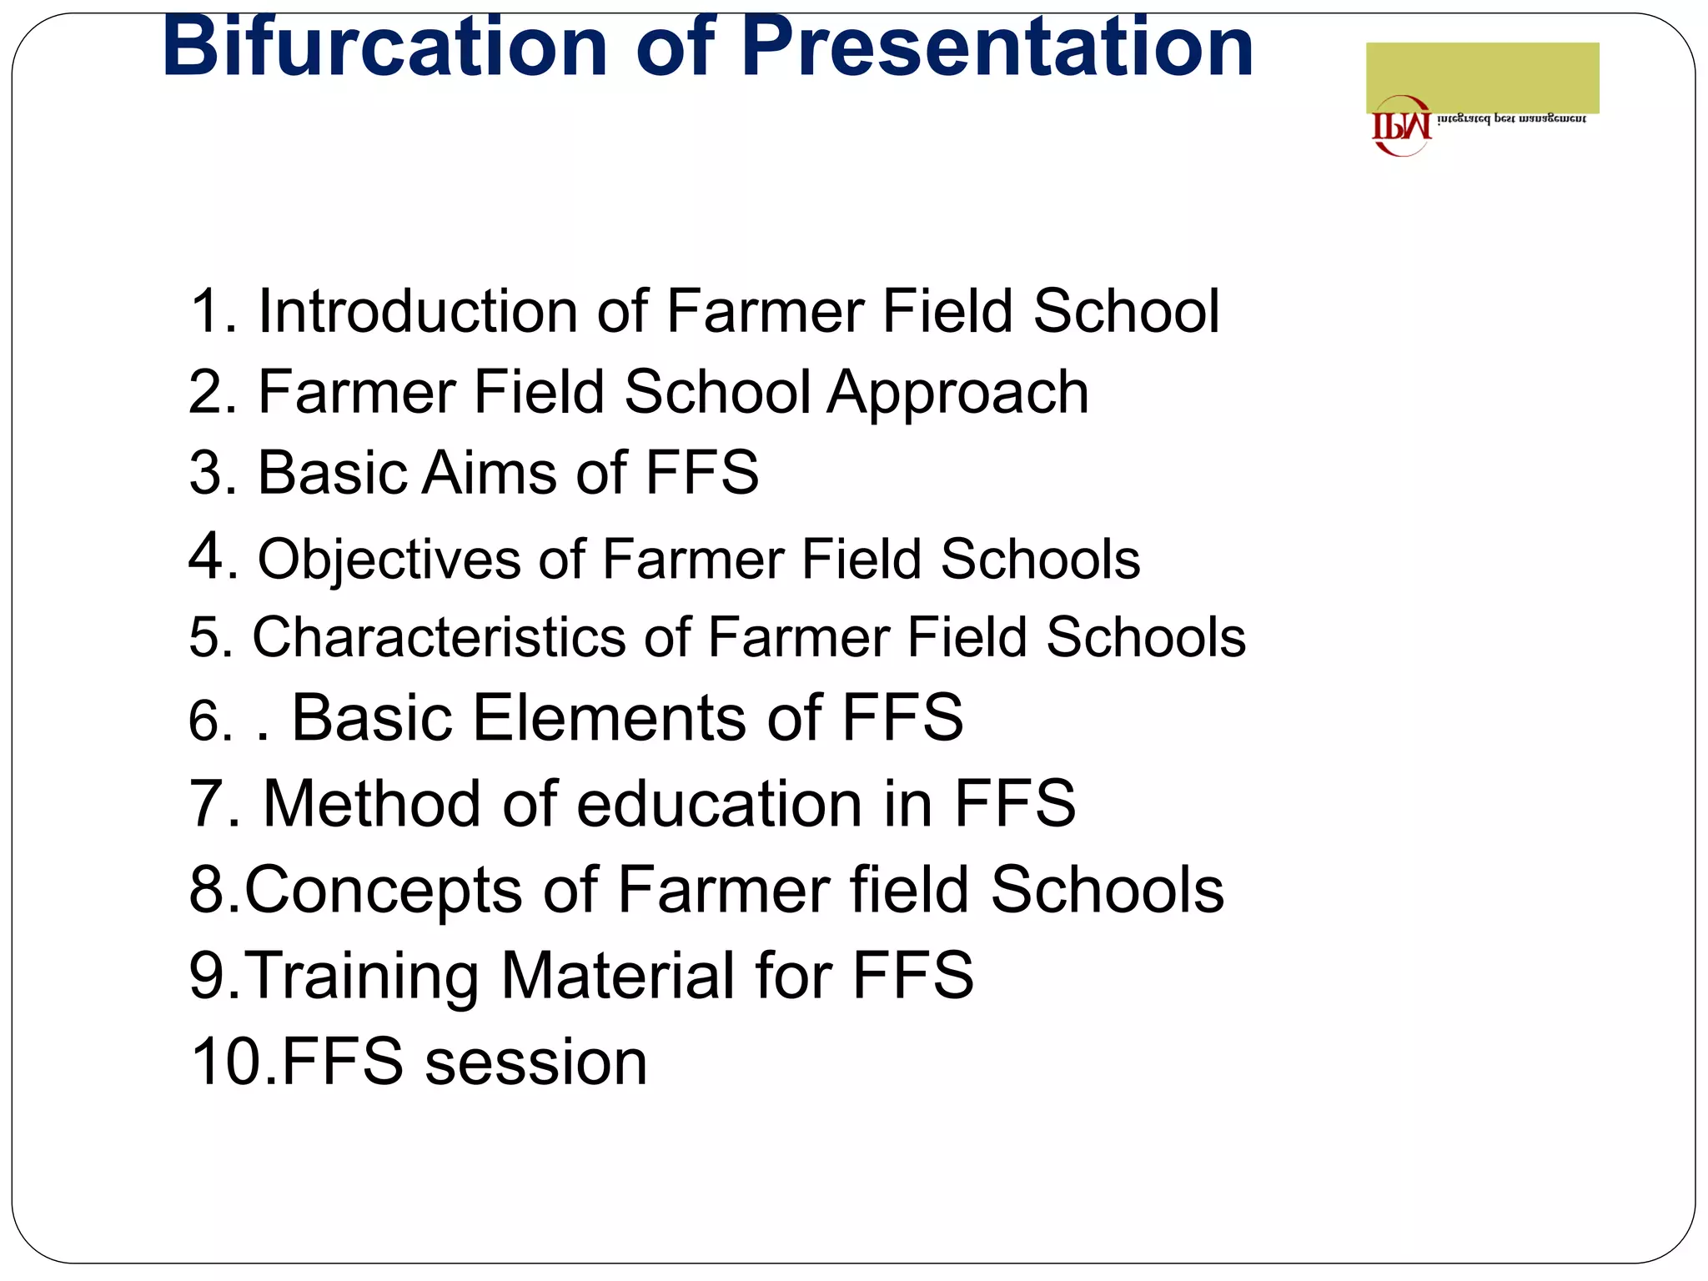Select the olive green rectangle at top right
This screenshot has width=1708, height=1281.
point(1482,77)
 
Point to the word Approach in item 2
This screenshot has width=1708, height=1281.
point(957,392)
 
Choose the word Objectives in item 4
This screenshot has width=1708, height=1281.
point(389,559)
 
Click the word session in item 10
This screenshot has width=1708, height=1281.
point(536,1062)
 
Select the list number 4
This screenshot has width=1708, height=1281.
point(206,556)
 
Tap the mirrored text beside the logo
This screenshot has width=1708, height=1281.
point(1511,119)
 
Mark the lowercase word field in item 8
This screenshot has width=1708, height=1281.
point(910,889)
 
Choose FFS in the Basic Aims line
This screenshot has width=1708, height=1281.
point(701,473)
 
